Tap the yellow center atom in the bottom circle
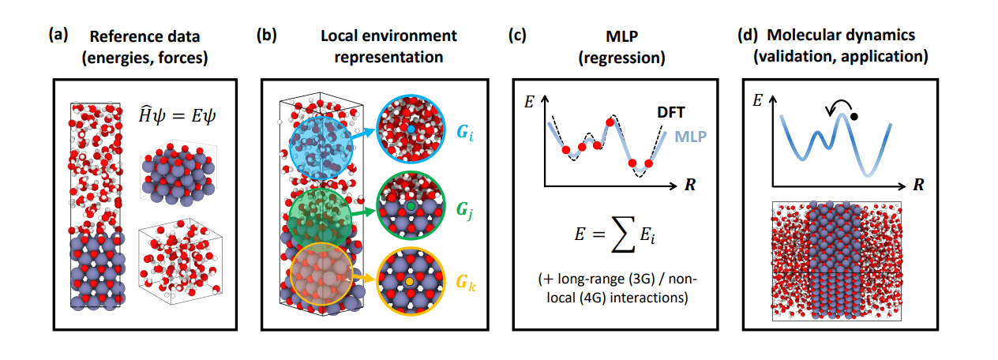(x=409, y=281)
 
